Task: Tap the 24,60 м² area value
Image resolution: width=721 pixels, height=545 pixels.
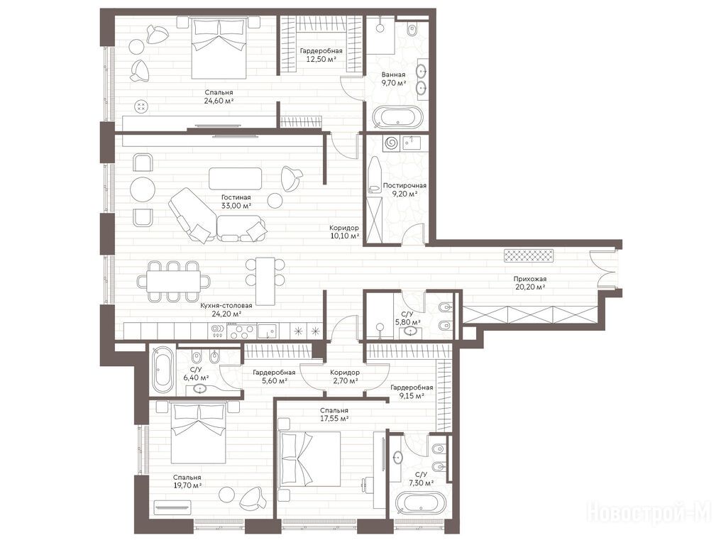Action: point(219,101)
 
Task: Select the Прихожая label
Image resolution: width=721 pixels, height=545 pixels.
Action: point(530,279)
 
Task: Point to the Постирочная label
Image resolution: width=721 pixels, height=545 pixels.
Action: point(404,185)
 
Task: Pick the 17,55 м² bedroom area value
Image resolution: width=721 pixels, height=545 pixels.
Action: point(334,419)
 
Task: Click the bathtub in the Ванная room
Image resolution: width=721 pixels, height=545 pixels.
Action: point(397,117)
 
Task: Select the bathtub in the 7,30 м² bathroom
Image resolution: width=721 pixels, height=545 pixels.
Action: point(422,504)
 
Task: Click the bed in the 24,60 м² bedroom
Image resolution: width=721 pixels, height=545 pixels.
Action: point(219,48)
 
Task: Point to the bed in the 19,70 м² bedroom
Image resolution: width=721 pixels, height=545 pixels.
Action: point(199,432)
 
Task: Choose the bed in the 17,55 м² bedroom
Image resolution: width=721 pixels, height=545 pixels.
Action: point(310,458)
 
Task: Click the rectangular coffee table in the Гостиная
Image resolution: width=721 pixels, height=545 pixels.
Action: point(236,178)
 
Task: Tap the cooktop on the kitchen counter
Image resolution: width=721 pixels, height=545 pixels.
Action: point(241,331)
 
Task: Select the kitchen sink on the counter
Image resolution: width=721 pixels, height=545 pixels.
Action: point(267,331)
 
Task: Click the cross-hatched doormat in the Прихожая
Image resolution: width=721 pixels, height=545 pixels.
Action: point(529,256)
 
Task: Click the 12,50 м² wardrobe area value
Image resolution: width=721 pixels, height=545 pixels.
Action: point(321,60)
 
